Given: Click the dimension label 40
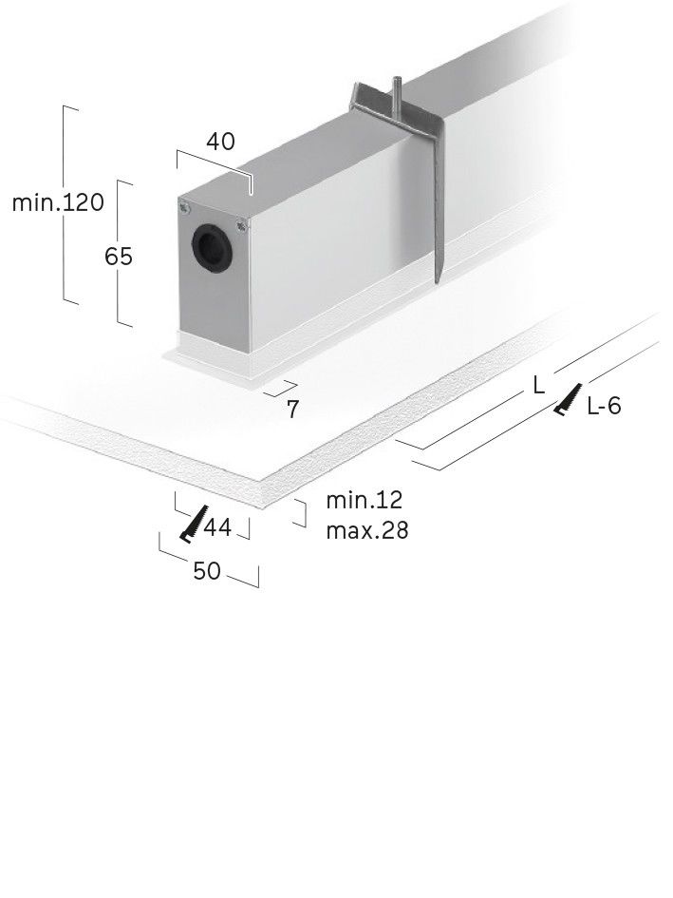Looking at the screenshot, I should coord(220,142).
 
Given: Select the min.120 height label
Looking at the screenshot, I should coord(58,203).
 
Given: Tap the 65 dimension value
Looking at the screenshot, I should coord(120,257).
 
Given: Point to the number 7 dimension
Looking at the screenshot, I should coord(293,410).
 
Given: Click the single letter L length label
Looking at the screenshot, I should coord(538,385).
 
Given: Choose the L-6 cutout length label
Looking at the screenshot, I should coord(604,407).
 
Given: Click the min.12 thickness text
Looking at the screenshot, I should coord(364,500).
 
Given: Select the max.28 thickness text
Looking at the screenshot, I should coord(367,530).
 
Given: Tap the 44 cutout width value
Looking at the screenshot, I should coord(217,527).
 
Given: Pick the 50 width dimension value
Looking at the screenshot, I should coord(206,571).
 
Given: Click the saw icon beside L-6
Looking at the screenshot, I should coord(568,400).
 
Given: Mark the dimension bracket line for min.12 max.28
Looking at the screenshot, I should coord(303,513).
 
